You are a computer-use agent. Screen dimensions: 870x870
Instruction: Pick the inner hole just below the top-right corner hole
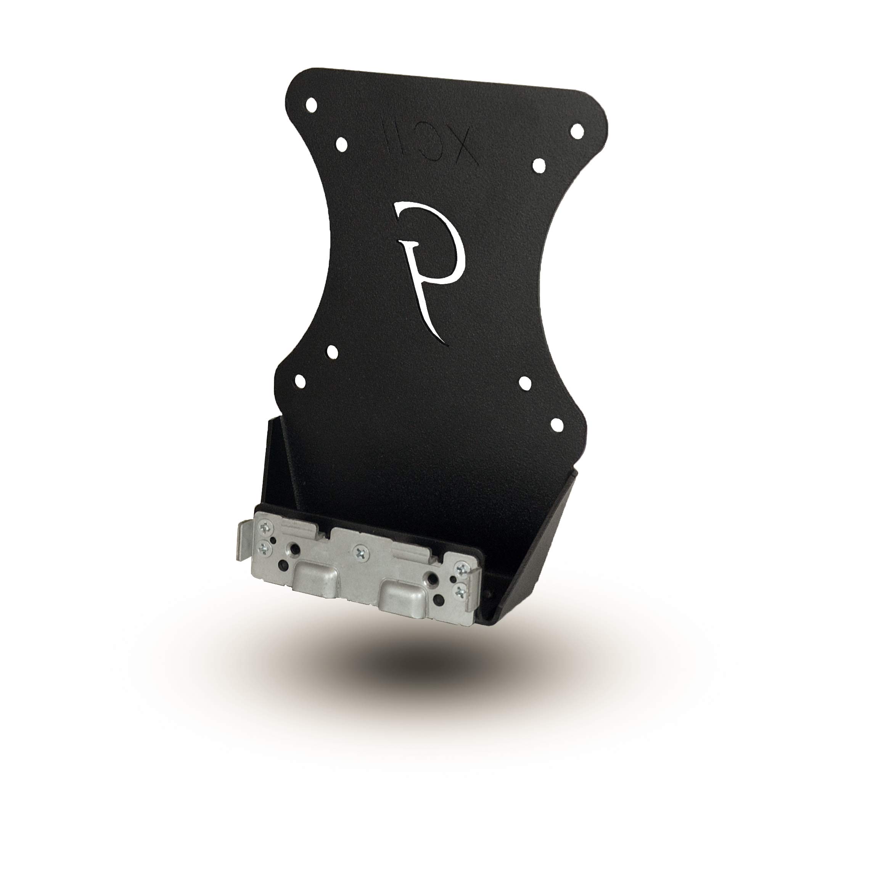(539, 165)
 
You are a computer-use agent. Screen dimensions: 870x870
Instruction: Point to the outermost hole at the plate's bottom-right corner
(556, 424)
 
